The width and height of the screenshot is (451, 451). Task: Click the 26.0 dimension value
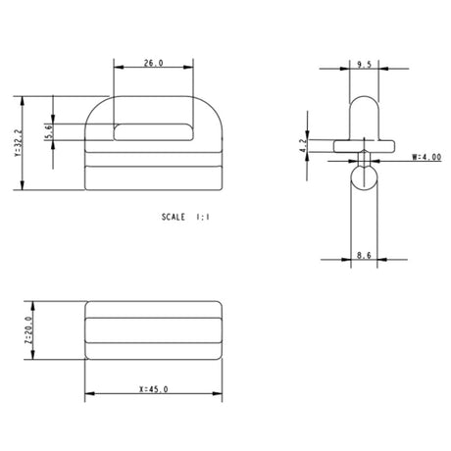[154, 63]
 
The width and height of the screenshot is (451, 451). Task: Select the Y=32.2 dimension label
[19, 142]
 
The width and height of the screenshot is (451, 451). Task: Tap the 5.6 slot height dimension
[49, 131]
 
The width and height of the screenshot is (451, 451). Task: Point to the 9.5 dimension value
[364, 65]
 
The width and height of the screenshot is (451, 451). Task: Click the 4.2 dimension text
[303, 146]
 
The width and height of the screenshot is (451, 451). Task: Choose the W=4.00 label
[426, 157]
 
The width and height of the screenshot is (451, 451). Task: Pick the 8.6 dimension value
[364, 255]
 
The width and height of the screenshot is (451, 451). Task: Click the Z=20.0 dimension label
[28, 330]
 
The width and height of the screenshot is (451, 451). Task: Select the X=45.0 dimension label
[154, 389]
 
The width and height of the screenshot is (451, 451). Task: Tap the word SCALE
[174, 217]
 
